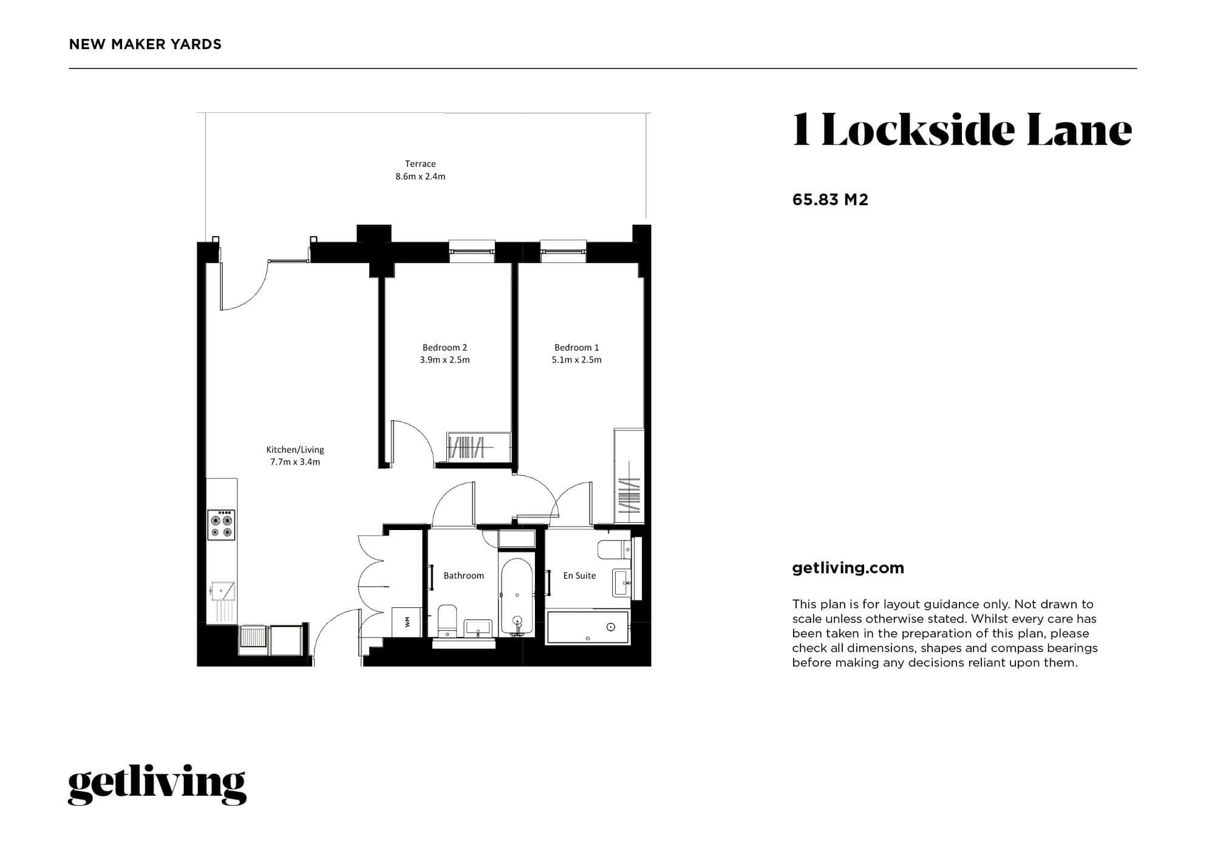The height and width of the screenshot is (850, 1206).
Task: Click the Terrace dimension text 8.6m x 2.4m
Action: click(420, 177)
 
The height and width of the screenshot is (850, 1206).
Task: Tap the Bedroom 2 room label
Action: click(445, 347)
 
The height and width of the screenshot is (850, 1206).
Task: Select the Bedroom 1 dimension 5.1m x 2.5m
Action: click(576, 360)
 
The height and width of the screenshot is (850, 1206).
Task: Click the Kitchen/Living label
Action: click(295, 450)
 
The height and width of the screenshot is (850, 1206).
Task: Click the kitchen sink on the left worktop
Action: click(223, 591)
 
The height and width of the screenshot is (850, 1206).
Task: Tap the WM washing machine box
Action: click(407, 622)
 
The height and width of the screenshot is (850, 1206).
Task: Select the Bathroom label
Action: click(463, 576)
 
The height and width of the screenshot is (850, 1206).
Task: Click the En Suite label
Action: click(579, 576)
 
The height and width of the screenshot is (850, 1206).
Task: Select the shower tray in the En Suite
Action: click(588, 628)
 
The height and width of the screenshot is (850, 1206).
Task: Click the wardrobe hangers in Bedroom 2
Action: click(466, 447)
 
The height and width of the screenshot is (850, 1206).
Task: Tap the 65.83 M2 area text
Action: click(830, 200)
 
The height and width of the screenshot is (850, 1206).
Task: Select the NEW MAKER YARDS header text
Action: click(145, 44)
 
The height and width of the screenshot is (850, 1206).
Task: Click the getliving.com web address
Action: click(848, 568)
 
